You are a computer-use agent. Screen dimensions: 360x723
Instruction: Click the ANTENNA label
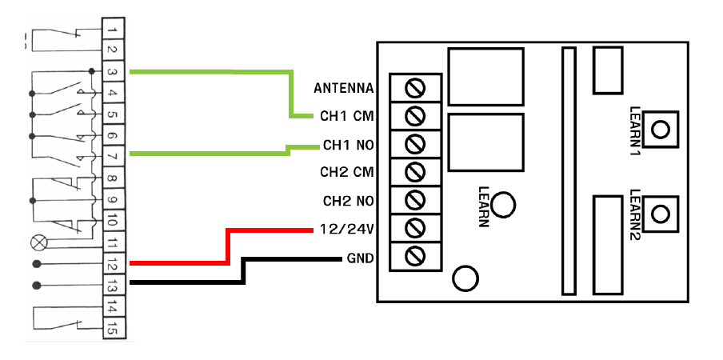[x=344, y=87]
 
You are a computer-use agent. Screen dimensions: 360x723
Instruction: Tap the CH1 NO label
[x=349, y=146]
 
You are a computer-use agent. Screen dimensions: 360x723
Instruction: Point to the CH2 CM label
[x=347, y=172]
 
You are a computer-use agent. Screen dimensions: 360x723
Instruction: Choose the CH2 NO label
[x=349, y=201]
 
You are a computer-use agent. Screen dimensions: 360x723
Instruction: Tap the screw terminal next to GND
[x=415, y=256]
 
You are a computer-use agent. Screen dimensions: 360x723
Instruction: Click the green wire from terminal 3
[x=208, y=73]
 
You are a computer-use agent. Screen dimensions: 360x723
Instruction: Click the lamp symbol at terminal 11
[x=35, y=241]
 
